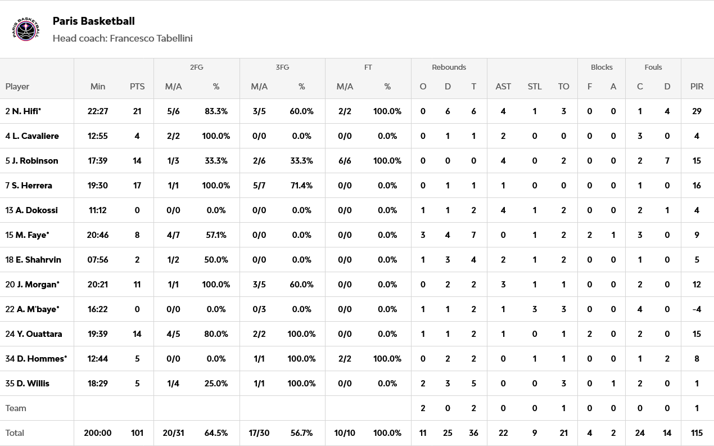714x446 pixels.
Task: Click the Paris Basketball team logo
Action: tap(26, 29)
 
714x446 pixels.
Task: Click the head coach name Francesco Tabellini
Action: tap(151, 38)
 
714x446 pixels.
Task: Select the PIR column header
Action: tap(697, 87)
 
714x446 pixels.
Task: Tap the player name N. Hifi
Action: tap(26, 111)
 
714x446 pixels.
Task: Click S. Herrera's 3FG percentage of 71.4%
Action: tap(301, 186)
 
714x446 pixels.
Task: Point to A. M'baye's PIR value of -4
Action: tap(697, 309)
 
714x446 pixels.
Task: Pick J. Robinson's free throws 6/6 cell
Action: tap(345, 161)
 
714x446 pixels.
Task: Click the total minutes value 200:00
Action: tap(98, 433)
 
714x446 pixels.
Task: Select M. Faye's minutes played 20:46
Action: tap(98, 235)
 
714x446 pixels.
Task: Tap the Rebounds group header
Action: tap(449, 67)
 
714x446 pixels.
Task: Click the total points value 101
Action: tap(137, 433)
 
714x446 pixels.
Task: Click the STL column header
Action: tap(535, 87)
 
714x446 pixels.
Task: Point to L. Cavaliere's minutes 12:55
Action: tap(98, 136)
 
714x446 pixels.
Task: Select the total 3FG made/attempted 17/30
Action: tap(259, 433)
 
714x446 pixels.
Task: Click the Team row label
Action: tap(16, 408)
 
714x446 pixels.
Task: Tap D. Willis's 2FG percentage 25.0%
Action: tap(216, 384)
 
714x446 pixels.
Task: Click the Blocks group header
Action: tap(602, 67)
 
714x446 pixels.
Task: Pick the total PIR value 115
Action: tap(697, 433)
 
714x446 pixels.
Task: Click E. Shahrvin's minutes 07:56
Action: tap(98, 260)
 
